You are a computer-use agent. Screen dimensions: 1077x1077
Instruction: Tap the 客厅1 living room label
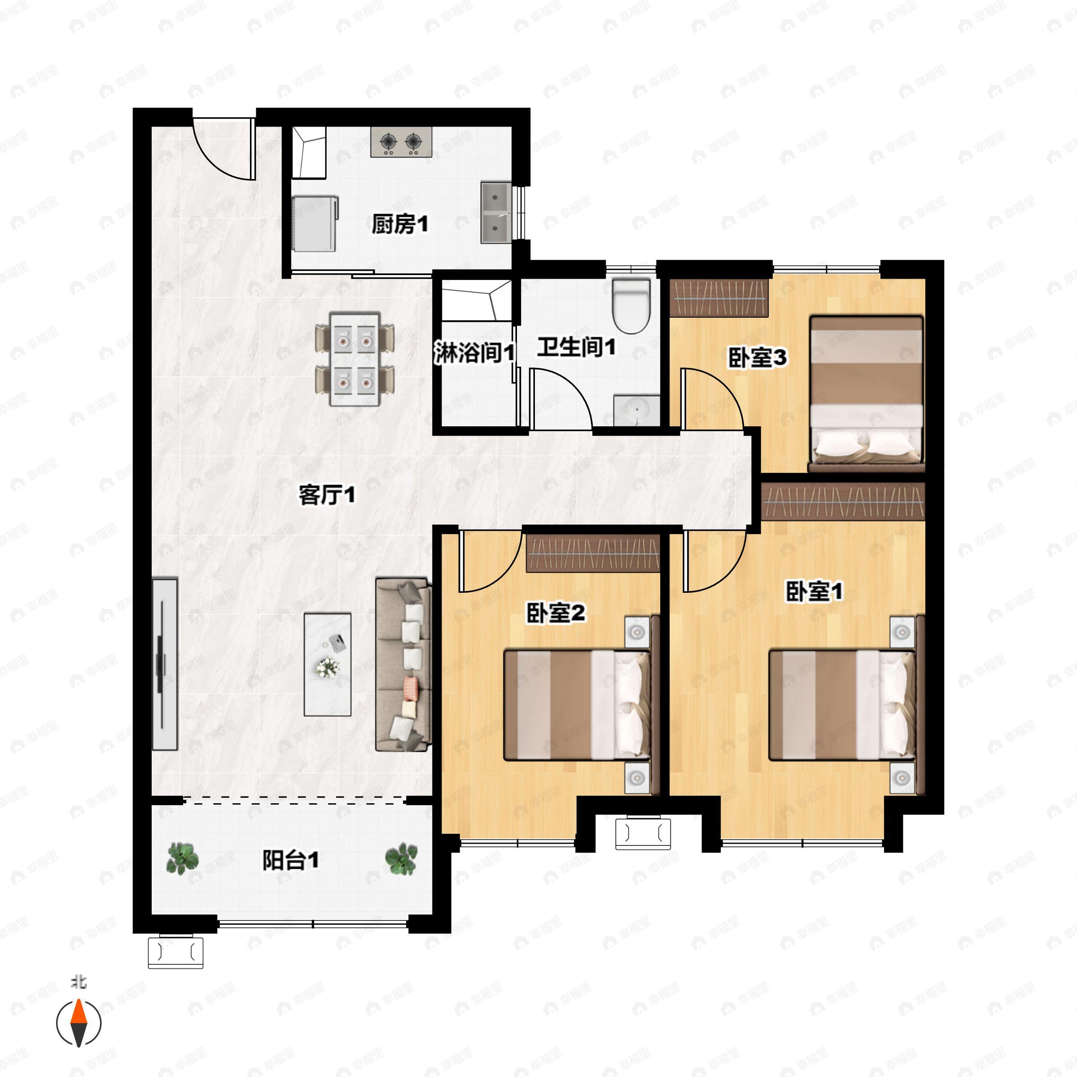click(x=327, y=495)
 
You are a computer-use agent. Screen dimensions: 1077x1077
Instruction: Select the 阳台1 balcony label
click(x=290, y=861)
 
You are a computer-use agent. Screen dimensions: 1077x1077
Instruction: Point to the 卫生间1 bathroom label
click(x=576, y=347)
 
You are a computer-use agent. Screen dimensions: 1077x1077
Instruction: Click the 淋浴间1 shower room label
click(x=474, y=353)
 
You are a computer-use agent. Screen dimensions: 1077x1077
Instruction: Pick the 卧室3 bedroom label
click(x=757, y=357)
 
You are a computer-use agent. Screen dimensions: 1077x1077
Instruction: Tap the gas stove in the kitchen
click(x=401, y=142)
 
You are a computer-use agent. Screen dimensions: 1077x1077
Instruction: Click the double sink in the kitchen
click(x=495, y=212)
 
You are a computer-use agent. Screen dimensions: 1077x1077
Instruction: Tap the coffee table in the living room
click(x=327, y=665)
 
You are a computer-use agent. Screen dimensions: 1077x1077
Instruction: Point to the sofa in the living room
click(x=403, y=665)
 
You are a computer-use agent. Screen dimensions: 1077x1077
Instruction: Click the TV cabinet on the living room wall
click(x=165, y=665)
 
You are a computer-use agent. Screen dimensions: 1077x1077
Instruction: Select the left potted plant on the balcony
click(x=182, y=858)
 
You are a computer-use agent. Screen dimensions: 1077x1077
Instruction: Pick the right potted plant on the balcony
click(x=401, y=858)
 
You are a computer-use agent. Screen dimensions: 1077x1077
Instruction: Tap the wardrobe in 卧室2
click(x=593, y=553)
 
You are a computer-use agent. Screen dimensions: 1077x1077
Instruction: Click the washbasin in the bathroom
click(x=637, y=411)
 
